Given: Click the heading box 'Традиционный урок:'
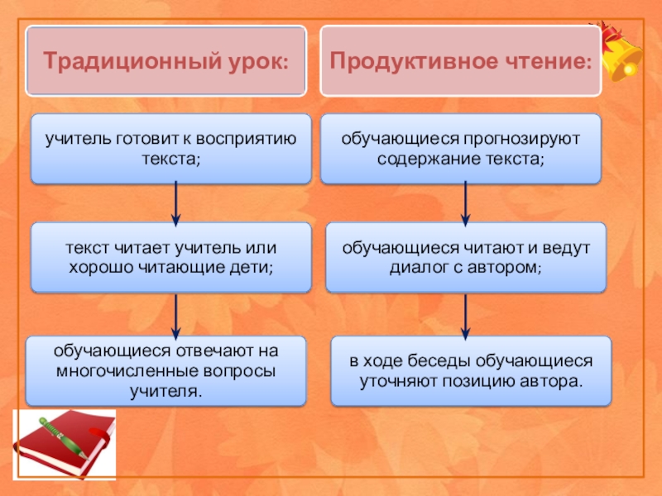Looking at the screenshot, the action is [166, 60].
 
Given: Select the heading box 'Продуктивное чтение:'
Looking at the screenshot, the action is [461, 60].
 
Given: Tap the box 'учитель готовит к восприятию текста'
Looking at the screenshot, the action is [171, 149].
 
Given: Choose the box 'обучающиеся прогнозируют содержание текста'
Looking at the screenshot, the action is [461, 149].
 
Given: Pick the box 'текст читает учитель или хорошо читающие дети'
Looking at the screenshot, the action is [171, 257].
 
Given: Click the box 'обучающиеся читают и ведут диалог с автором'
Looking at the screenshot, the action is [465, 257].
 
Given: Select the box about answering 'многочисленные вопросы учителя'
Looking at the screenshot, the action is [166, 370].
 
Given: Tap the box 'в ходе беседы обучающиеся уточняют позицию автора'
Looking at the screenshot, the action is [471, 371].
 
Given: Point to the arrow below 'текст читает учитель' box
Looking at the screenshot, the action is [175, 314].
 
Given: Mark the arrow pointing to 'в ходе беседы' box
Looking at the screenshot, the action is [465, 315].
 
